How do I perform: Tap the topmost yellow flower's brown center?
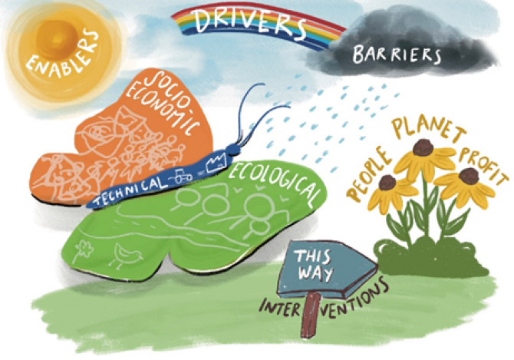pyautogui.click(x=421, y=147)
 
